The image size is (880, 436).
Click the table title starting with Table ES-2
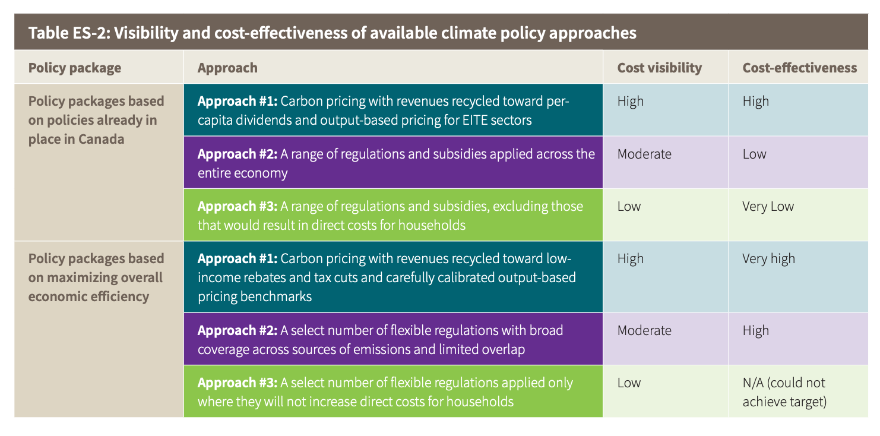[x=332, y=33]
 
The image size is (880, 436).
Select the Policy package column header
[x=75, y=68]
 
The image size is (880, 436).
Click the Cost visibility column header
[x=659, y=68]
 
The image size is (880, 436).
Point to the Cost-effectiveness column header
[x=799, y=68]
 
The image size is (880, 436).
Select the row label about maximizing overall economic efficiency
[x=95, y=277]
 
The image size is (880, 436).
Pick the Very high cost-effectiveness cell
[x=768, y=259]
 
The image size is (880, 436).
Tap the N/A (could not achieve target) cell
[x=784, y=392]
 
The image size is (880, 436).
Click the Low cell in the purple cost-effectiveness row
[x=754, y=154]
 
